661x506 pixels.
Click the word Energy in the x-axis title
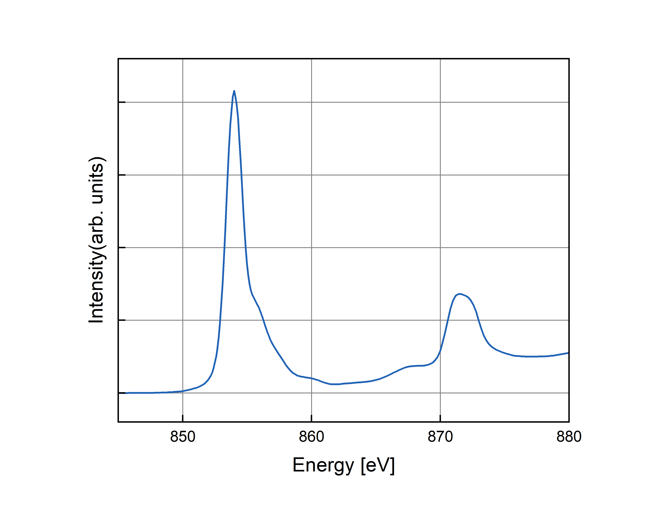pos(323,465)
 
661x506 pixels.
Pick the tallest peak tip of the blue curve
pos(234,91)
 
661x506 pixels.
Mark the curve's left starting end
pos(126,393)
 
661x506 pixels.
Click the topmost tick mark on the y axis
pos(122,102)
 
